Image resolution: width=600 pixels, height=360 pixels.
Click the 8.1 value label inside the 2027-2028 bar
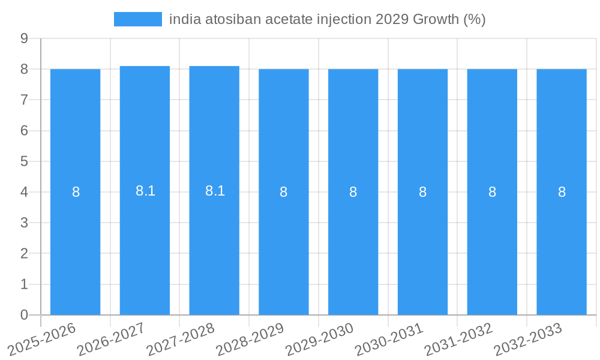pyautogui.click(x=215, y=191)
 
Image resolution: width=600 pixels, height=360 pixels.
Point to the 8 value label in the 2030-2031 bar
pyautogui.click(x=422, y=192)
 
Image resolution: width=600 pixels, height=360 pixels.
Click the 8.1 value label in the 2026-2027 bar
pyautogui.click(x=145, y=191)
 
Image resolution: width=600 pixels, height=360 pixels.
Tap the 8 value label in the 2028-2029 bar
pyautogui.click(x=284, y=192)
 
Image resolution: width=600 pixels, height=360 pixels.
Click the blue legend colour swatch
pyautogui.click(x=138, y=19)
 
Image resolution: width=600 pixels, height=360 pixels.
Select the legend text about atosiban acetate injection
pyautogui.click(x=327, y=19)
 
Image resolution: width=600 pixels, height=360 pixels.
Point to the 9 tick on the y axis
pyautogui.click(x=25, y=38)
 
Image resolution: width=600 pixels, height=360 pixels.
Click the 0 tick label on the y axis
pyautogui.click(x=25, y=315)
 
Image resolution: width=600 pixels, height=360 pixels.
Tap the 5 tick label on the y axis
pyautogui.click(x=25, y=161)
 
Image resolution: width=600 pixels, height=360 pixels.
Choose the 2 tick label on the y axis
pyautogui.click(x=25, y=254)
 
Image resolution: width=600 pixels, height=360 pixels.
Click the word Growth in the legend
pyautogui.click(x=436, y=19)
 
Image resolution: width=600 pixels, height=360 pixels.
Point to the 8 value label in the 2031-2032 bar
pyautogui.click(x=492, y=192)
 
